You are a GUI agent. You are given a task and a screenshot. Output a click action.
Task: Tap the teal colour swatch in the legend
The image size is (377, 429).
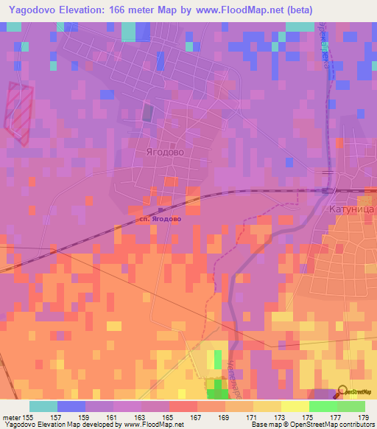pyautogui.click(x=43, y=406)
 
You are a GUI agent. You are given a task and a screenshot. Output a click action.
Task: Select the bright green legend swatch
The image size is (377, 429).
pyautogui.click(x=323, y=406)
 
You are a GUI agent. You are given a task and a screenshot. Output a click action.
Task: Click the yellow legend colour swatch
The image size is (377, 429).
pyautogui.click(x=295, y=406)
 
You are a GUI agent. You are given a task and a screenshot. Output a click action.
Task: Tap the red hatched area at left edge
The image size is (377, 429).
pyautogui.click(x=18, y=111)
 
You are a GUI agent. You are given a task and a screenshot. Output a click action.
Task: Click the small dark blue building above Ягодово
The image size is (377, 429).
pyautogui.click(x=147, y=112)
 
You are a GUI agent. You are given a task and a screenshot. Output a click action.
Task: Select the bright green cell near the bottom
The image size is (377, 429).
pyautogui.click(x=217, y=360)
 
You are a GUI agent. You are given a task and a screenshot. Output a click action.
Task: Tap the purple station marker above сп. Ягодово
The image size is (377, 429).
pyautogui.click(x=161, y=211)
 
